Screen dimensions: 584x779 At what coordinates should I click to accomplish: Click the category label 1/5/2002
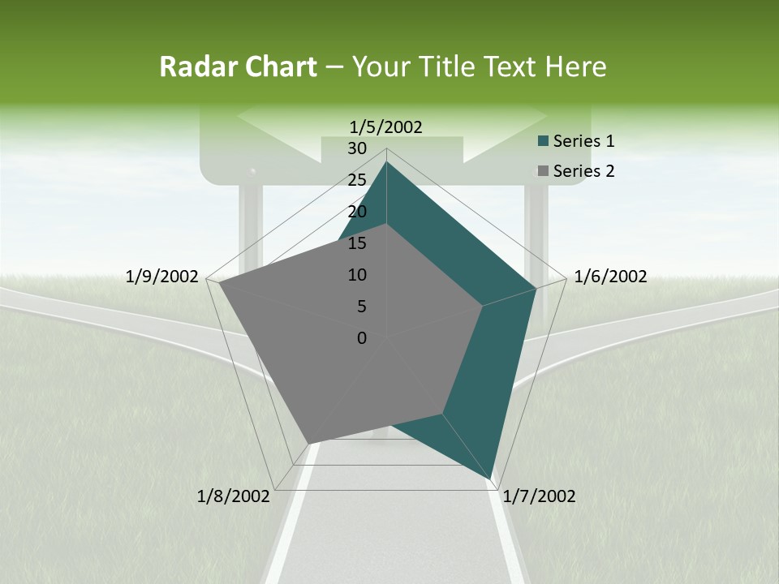tap(385, 127)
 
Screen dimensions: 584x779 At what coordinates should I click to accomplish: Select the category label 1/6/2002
tap(610, 277)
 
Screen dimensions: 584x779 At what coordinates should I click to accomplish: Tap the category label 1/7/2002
tap(539, 496)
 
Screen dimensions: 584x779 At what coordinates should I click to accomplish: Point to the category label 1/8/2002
tap(234, 496)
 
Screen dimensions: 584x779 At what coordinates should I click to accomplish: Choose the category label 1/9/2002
tap(162, 277)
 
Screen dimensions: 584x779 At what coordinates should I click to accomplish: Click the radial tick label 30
tap(357, 148)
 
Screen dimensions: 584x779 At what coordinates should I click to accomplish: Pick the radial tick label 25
tap(357, 180)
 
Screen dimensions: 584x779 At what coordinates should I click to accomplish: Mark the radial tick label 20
tap(357, 212)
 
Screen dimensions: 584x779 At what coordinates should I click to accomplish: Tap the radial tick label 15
tap(357, 243)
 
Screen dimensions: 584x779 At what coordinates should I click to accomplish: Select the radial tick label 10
tap(357, 275)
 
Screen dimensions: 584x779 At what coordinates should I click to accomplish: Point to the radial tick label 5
tap(361, 307)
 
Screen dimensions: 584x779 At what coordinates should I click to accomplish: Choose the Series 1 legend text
tap(583, 141)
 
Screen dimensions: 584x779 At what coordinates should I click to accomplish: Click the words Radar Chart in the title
tap(238, 67)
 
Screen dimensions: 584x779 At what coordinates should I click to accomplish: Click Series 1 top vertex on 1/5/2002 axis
tap(386, 162)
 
